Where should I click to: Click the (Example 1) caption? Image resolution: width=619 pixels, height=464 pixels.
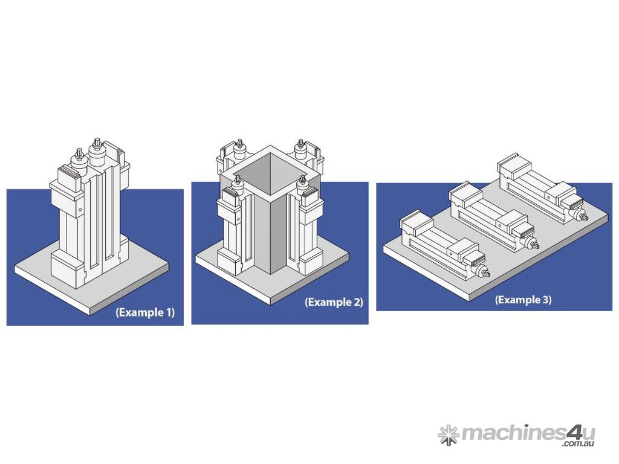point(145,312)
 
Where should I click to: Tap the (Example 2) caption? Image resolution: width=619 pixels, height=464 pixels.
point(334,302)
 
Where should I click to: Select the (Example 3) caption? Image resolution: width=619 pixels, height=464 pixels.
point(523,300)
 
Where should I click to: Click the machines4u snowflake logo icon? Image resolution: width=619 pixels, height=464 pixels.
point(449,435)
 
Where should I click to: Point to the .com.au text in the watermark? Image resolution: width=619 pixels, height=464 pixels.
point(578,444)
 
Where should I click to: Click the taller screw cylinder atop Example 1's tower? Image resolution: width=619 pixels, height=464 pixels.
point(96,152)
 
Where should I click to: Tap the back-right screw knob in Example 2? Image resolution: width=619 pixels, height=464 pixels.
point(301,150)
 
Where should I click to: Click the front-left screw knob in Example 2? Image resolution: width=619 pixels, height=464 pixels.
point(238,185)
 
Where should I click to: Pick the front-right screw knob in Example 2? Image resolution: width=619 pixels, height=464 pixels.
point(302,185)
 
